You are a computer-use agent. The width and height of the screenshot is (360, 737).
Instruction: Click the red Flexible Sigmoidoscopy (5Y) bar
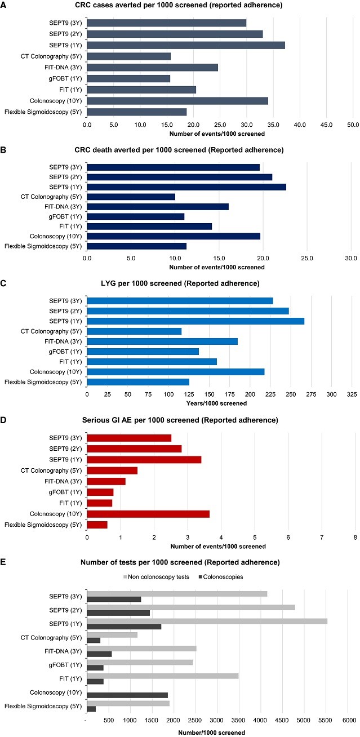point(97,525)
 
